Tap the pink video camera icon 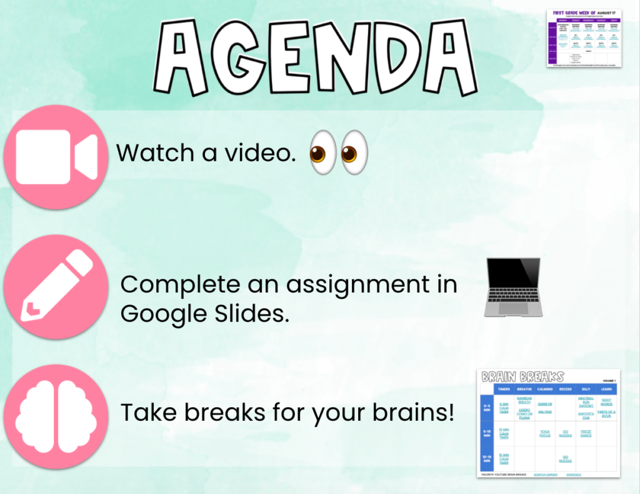coord(56,157)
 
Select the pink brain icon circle coord(56,415)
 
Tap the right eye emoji coord(353,152)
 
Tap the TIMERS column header coord(504,389)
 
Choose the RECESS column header coord(566,389)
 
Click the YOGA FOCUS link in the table coord(545,433)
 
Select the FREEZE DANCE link coord(586,433)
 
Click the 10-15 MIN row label coord(487,458)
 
